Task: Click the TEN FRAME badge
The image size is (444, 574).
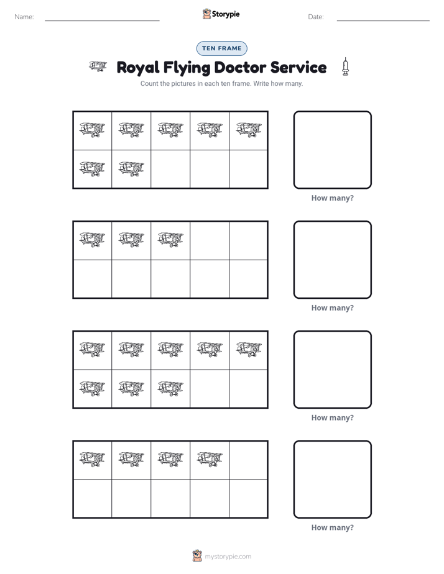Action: [x=221, y=48]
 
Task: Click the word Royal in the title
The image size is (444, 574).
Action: [x=138, y=68]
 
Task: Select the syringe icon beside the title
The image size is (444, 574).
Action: [x=345, y=66]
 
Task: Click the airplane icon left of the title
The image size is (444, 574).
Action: [x=98, y=66]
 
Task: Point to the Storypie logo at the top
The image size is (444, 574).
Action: [x=221, y=14]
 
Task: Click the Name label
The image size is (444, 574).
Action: [x=24, y=17]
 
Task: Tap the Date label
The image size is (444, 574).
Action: [x=316, y=17]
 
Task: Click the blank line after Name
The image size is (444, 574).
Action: [x=102, y=21]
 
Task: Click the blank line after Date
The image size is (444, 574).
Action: [x=383, y=21]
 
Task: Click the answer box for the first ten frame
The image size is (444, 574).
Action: [x=332, y=150]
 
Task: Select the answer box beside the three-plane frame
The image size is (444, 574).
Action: [x=332, y=260]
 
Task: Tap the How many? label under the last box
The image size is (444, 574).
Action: [x=332, y=527]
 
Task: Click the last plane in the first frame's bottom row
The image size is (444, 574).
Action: [x=131, y=169]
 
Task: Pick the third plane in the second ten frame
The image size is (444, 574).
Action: [x=170, y=239]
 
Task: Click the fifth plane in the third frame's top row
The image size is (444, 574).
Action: [x=249, y=349]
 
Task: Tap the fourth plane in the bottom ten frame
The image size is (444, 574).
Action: [x=210, y=459]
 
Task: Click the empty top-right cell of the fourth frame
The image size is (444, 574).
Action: [x=248, y=460]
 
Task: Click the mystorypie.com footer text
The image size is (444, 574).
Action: [x=228, y=557]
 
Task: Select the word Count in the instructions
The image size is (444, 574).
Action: [x=149, y=83]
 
